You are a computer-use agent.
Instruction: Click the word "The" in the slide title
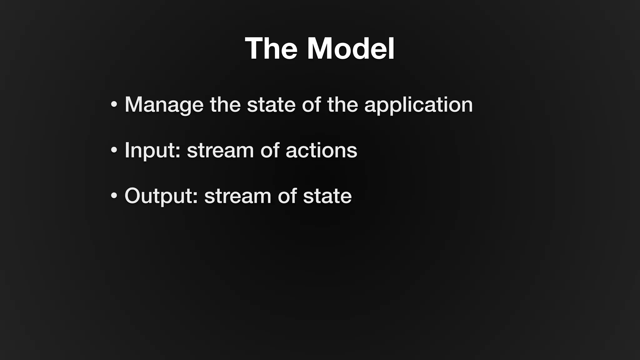pyautogui.click(x=271, y=49)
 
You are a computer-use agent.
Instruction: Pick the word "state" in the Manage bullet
pyautogui.click(x=271, y=105)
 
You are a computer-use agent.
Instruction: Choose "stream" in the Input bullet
pyautogui.click(x=220, y=150)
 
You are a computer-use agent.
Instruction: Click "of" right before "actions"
pyautogui.click(x=269, y=150)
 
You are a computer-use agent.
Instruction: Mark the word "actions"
pyautogui.click(x=321, y=150)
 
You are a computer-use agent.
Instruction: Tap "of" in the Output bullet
pyautogui.click(x=287, y=196)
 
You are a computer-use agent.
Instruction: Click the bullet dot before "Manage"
pyautogui.click(x=114, y=104)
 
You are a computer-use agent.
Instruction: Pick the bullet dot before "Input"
pyautogui.click(x=114, y=150)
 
